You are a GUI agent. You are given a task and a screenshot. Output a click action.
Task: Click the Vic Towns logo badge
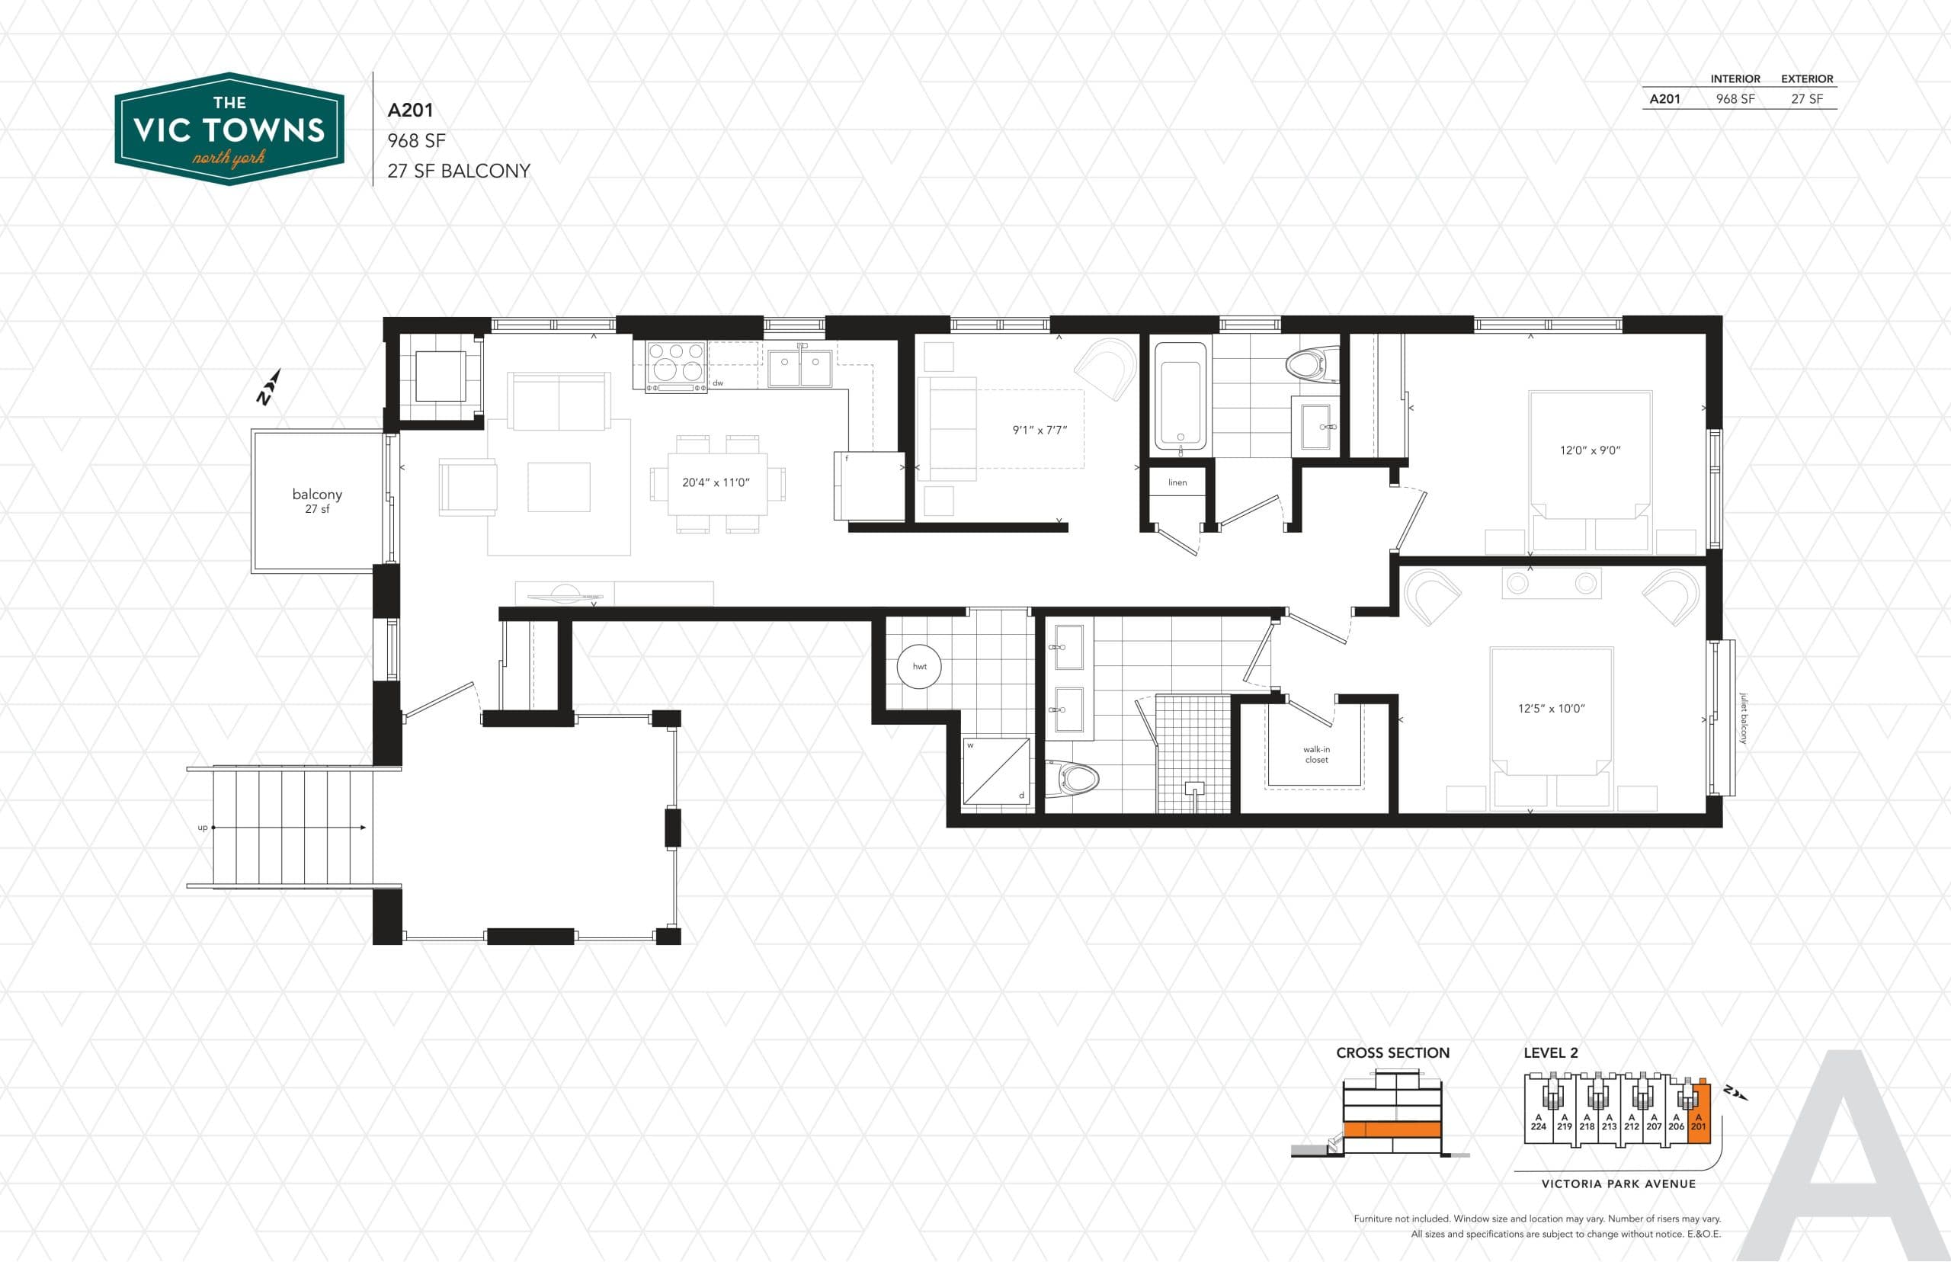pos(229,129)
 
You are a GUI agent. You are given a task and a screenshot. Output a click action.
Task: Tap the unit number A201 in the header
pos(411,111)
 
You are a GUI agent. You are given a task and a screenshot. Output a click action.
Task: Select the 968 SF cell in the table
pos(1735,99)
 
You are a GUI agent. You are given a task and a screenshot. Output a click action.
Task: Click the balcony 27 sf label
pos(317,500)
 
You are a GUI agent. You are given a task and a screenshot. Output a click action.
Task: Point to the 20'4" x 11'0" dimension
pos(716,482)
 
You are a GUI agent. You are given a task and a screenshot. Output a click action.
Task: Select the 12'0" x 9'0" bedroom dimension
pos(1590,450)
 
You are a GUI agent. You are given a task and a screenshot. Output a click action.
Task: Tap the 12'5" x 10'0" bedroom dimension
pos(1551,708)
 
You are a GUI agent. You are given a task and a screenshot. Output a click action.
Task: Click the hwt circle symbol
pos(919,666)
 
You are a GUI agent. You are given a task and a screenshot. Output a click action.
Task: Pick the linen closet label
pos(1177,482)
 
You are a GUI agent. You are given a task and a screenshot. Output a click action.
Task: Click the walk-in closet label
pos(1316,754)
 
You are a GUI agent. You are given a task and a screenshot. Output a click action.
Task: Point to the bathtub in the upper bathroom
pos(1180,396)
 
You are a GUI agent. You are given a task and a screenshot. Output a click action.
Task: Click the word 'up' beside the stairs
pos(203,827)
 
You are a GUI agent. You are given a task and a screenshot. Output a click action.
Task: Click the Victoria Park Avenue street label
pos(1618,1184)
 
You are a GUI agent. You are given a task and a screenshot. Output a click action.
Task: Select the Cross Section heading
pos(1392,1053)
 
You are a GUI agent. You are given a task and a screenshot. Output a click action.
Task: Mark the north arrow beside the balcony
pos(269,387)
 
